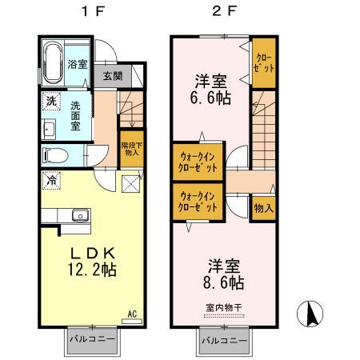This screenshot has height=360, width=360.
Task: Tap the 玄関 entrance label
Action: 112,77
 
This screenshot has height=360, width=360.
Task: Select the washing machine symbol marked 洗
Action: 50,102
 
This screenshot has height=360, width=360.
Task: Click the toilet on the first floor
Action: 54,154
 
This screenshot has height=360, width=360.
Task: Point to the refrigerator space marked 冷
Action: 50,182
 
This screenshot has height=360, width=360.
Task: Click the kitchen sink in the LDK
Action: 80,214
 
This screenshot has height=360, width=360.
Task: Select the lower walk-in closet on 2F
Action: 197,200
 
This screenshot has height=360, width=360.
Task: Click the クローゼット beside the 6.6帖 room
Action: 263,62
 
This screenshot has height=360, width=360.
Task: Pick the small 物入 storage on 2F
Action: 262,207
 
